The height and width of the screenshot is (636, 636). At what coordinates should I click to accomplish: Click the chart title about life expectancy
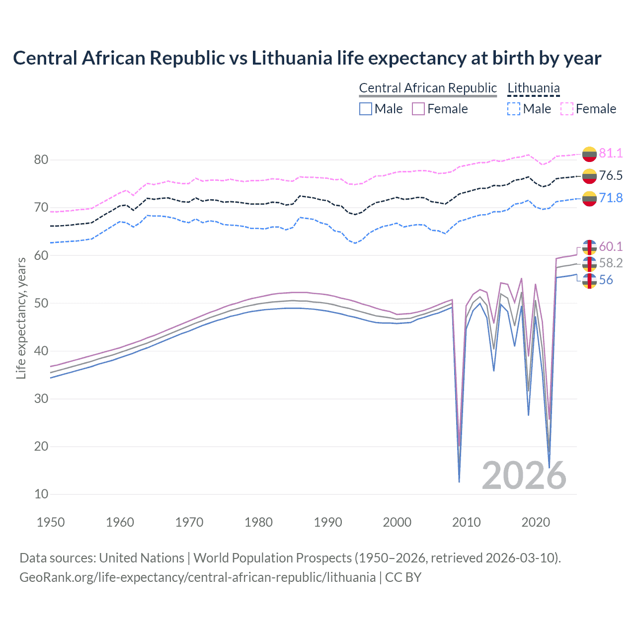307,58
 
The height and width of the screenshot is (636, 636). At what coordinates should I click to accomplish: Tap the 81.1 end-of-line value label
611,153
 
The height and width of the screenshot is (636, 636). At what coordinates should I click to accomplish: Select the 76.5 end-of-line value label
611,175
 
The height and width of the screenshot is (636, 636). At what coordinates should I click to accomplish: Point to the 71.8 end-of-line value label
611,198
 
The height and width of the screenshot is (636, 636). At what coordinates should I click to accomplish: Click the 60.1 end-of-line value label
611,246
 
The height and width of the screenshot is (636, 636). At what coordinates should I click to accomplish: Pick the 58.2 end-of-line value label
611,263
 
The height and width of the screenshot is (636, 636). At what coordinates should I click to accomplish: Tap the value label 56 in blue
606,280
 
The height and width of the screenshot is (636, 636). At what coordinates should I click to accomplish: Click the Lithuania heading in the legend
533,88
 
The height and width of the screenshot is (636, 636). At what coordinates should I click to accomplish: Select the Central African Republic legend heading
428,88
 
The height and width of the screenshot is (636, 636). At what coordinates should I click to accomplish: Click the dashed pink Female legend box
567,109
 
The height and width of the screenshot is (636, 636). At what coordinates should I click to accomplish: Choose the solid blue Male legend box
366,109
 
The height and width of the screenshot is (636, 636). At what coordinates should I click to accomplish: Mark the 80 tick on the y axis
41,159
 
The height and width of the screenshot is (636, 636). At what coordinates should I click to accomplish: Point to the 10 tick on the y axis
41,494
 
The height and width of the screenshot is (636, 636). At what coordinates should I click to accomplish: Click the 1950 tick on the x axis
51,522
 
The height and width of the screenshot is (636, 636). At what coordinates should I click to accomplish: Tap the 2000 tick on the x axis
397,522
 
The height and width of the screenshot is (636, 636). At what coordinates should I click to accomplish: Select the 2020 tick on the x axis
536,522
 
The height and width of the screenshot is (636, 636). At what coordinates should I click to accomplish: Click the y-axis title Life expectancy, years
21,318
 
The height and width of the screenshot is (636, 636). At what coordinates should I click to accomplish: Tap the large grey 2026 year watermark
524,476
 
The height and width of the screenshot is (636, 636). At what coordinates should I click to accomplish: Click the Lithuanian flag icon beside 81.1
589,154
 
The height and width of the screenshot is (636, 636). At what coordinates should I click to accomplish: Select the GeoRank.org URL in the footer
197,577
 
